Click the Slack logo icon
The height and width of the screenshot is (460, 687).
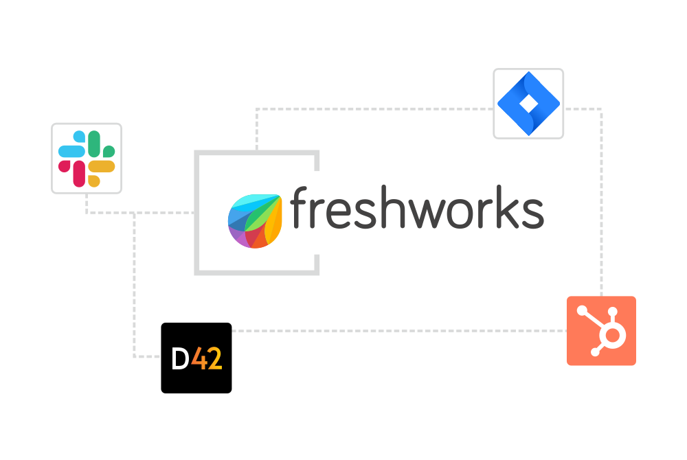(x=87, y=159)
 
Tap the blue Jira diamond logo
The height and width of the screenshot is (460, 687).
(x=528, y=104)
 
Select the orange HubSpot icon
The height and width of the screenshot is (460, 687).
(x=601, y=331)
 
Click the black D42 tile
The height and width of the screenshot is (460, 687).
(x=196, y=358)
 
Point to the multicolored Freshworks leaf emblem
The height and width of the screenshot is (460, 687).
(x=255, y=221)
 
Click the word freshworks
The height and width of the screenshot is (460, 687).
(x=417, y=207)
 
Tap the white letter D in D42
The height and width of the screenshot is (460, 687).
(x=180, y=359)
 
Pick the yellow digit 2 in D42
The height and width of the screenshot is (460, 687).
(x=214, y=359)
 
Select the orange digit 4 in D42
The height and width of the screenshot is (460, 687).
(x=199, y=359)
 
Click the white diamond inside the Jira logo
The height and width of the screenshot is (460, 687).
(x=528, y=104)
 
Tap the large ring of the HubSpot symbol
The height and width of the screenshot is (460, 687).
(x=612, y=336)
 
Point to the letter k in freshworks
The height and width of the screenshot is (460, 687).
(x=508, y=207)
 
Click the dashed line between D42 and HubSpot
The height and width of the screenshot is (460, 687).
(x=399, y=331)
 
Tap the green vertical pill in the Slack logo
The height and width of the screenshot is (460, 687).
(x=94, y=144)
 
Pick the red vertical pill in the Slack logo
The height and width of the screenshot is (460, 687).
(x=79, y=174)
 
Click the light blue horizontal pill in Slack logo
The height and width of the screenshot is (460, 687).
(x=72, y=151)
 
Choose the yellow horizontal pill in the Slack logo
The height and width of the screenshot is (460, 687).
(x=101, y=166)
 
